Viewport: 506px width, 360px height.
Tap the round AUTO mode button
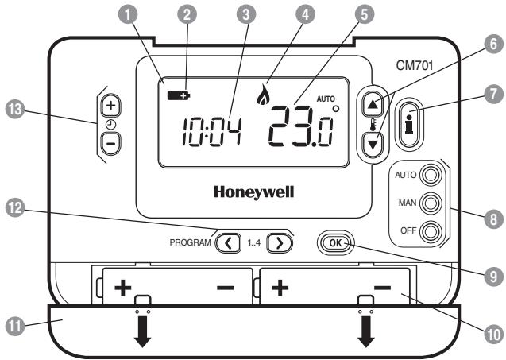(x=431, y=175)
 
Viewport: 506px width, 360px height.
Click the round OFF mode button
(x=431, y=232)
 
